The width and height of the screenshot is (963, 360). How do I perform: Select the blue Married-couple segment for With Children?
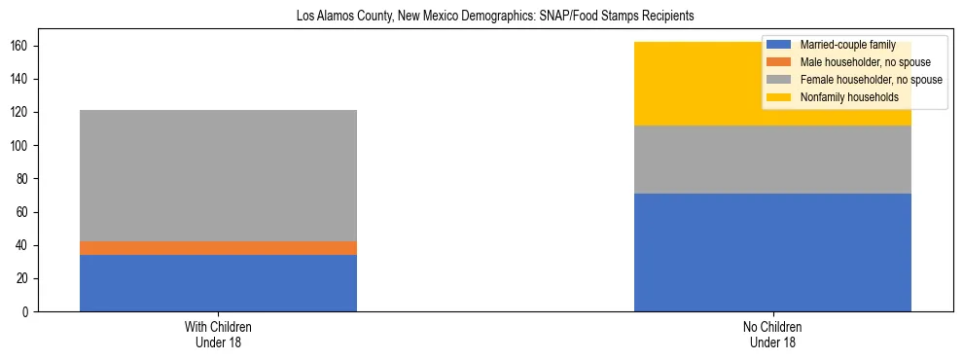[218, 283]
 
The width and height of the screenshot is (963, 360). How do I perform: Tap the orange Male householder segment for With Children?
[218, 248]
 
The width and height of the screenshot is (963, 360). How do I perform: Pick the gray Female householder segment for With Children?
[218, 175]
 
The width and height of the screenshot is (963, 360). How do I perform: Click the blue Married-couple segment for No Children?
[772, 252]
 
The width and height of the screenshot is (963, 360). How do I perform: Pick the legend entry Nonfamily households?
[842, 97]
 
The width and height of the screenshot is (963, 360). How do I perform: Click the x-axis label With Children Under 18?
[218, 334]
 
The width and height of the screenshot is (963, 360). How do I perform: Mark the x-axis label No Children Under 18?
[772, 334]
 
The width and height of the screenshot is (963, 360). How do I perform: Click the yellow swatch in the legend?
[779, 97]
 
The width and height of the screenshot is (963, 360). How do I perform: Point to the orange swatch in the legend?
[779, 62]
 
